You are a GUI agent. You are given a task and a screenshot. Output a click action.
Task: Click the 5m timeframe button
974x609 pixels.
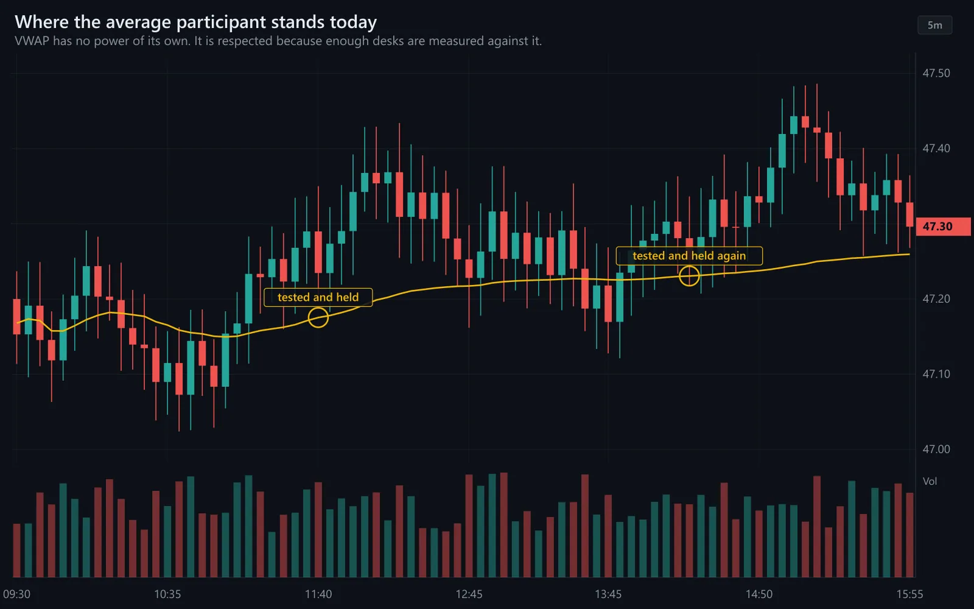tap(935, 25)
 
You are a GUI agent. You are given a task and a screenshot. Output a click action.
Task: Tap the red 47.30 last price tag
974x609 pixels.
tap(943, 227)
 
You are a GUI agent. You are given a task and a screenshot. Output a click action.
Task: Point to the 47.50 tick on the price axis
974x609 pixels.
tap(936, 73)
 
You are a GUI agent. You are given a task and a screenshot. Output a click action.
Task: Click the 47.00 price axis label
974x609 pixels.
tap(936, 449)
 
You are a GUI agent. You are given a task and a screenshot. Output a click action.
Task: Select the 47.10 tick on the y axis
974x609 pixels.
tap(936, 374)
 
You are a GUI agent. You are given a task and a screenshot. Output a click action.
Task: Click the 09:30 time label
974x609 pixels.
tap(17, 594)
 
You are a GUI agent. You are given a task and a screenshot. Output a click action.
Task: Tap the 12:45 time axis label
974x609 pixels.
tap(469, 594)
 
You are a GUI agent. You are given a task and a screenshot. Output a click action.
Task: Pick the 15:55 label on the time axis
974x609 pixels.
tap(909, 594)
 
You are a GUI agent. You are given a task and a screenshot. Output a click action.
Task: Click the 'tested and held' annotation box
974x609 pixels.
tap(318, 298)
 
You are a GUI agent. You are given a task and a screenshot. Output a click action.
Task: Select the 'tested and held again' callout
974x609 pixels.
tap(689, 256)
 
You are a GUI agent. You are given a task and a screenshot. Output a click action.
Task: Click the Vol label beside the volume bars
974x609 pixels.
tap(930, 481)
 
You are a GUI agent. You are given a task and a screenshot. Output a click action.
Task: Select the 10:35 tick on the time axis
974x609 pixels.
tap(167, 594)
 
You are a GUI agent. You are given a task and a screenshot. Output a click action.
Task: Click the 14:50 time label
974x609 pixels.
tap(759, 594)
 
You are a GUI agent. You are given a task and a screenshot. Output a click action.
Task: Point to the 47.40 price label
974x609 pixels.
tap(936, 149)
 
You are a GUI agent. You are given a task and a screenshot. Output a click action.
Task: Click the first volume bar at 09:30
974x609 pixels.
tap(17, 551)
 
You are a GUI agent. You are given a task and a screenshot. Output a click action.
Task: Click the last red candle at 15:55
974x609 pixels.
tap(909, 214)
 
